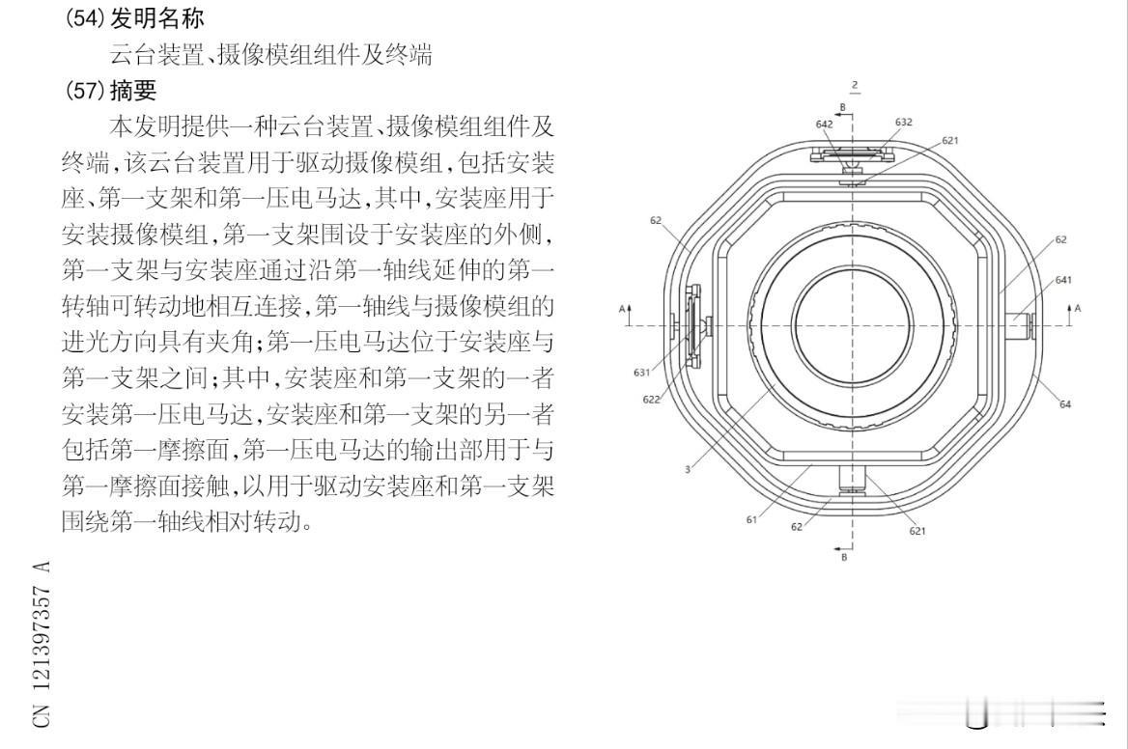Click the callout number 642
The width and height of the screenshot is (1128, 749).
824,124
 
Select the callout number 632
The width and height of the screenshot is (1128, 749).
904,123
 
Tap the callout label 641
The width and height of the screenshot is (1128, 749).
1063,280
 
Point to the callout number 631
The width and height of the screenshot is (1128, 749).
641,372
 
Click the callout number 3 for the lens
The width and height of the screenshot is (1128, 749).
687,470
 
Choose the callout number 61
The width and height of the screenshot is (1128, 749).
750,519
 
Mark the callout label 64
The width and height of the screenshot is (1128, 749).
1065,404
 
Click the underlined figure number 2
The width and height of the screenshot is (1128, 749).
855,86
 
